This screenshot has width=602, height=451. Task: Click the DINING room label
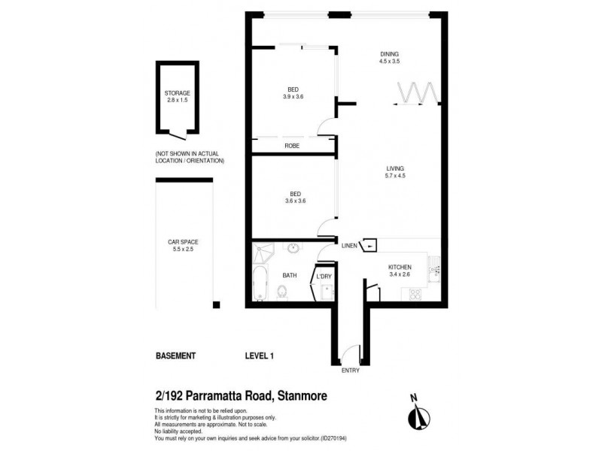coord(388,53)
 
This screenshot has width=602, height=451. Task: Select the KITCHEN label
coord(400,267)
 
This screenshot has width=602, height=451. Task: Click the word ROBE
coord(292,146)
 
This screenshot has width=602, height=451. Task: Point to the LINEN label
coord(350,246)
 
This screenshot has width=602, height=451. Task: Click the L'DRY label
coord(324,276)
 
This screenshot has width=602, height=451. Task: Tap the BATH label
coord(290,276)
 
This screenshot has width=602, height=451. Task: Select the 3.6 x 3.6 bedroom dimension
coord(295,201)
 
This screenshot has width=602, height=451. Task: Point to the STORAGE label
coord(178,92)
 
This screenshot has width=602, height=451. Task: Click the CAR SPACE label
coord(183,242)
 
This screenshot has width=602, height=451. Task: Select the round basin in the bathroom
coord(291,248)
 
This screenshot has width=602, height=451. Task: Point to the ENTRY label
coord(351,370)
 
